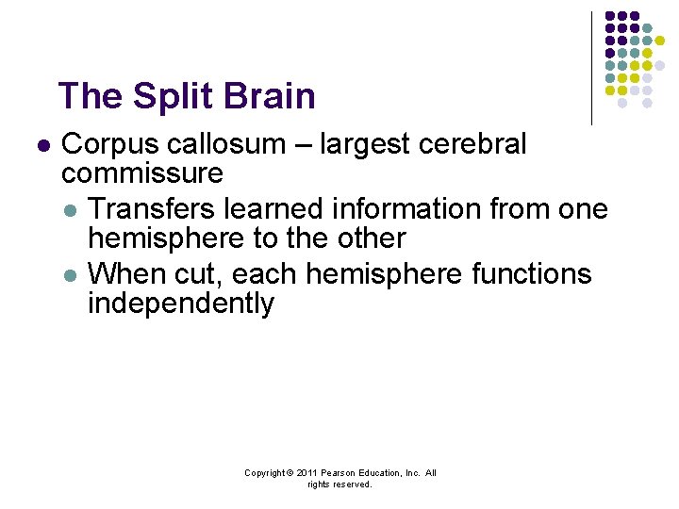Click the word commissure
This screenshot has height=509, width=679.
pyautogui.click(x=141, y=173)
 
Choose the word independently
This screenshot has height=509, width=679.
pyautogui.click(x=180, y=304)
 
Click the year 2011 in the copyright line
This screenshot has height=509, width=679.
pyautogui.click(x=308, y=473)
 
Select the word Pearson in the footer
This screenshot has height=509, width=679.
pyautogui.click(x=339, y=473)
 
